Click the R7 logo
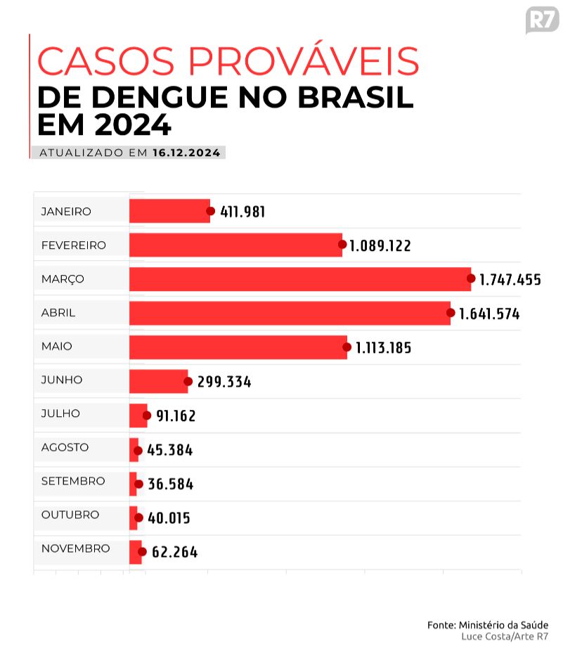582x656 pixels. (x=541, y=20)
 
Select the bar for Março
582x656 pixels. (x=300, y=279)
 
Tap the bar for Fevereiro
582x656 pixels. (x=235, y=245)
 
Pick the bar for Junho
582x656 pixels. (x=158, y=381)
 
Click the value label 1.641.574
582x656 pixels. (x=489, y=314)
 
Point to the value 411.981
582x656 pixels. (x=242, y=212)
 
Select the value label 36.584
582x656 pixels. (x=170, y=484)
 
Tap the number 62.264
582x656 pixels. (x=174, y=553)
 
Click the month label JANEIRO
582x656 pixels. (x=66, y=211)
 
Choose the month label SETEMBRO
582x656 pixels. (x=73, y=481)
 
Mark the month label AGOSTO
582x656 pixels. (x=65, y=447)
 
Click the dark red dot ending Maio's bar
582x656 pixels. (x=347, y=347)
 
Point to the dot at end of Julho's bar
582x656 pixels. (x=147, y=415)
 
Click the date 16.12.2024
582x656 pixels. (x=186, y=153)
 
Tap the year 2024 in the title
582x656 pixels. (x=134, y=125)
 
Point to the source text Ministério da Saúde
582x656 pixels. (x=503, y=624)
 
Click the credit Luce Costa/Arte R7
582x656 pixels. (x=504, y=636)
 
